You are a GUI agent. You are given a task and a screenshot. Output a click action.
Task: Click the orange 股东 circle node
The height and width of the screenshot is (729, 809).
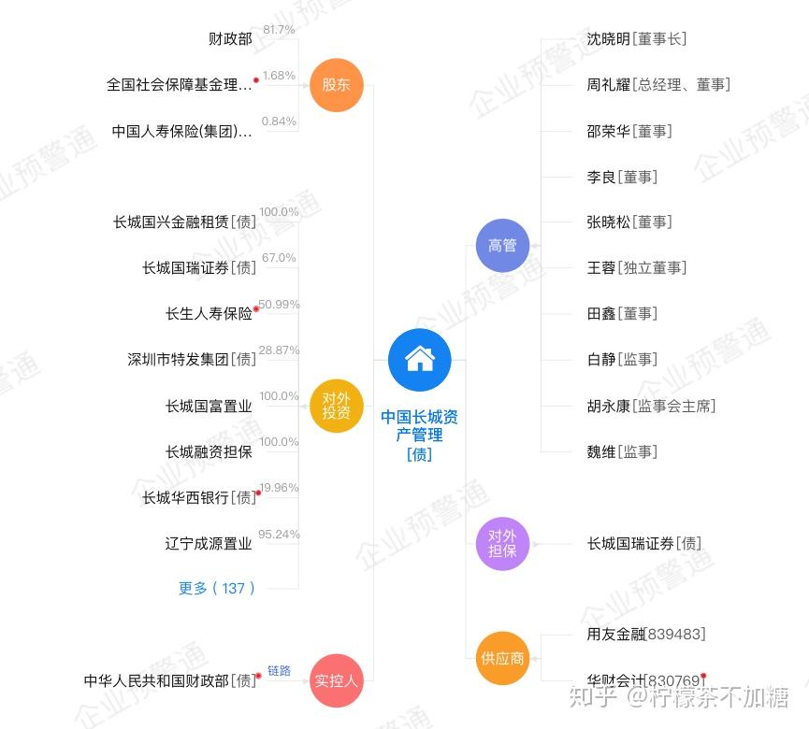[336, 85]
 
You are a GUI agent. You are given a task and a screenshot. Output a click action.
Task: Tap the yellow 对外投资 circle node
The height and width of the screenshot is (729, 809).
[336, 406]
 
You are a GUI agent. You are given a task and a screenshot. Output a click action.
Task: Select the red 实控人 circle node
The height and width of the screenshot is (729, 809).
[336, 680]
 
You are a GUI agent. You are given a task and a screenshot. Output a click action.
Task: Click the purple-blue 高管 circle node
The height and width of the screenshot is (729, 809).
[502, 245]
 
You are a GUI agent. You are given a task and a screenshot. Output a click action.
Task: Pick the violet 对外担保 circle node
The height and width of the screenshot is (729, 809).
[502, 543]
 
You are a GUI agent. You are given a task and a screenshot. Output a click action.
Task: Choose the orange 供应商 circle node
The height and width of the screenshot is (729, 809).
[502, 658]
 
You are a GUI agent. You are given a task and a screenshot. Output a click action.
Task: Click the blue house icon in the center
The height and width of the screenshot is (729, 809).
[419, 360]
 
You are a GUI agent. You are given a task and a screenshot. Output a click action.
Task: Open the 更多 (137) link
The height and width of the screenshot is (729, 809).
[217, 588]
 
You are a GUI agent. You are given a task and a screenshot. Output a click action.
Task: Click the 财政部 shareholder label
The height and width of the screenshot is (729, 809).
[230, 39]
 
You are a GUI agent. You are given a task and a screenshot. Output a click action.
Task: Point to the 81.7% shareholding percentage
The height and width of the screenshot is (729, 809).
[279, 30]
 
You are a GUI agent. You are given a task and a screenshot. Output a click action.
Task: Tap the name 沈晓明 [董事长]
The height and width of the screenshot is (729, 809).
[637, 39]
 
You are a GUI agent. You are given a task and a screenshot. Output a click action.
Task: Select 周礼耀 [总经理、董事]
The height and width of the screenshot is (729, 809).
[658, 85]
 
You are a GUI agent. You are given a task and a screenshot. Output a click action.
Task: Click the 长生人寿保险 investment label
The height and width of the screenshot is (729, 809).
[209, 314]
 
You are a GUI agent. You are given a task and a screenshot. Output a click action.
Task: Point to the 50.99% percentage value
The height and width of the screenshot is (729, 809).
[279, 305]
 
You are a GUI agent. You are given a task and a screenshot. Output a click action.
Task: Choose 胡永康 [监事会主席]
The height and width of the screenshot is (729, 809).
[651, 406]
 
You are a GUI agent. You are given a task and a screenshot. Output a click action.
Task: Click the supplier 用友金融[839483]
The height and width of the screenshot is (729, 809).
[646, 635]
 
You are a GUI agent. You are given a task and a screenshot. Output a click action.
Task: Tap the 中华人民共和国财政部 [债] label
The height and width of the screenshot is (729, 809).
[169, 680]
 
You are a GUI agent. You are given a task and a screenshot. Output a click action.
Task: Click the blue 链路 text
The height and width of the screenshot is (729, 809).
[279, 671]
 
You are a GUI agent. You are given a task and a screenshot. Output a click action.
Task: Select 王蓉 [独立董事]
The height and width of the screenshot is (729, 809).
[637, 268]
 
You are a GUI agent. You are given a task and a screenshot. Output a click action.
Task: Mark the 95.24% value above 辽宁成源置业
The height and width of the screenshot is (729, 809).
[279, 535]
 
